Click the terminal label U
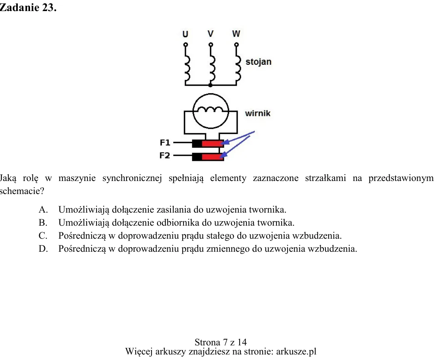pos(185,34)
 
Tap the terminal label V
pos(211,34)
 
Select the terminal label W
pos(236,34)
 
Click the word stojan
pos(258,62)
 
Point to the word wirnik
pos(258,113)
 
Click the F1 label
pos(165,143)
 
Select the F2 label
pos(165,155)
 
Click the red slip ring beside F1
pos(213,144)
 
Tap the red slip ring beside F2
pos(213,157)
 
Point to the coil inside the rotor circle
pos(211,109)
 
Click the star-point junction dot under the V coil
pos(210,85)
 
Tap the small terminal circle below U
pos(185,45)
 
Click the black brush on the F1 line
pos(197,144)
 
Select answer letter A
pos(43,210)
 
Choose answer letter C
pos(43,236)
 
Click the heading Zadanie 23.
pos(28,8)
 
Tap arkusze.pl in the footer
pos(296,352)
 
